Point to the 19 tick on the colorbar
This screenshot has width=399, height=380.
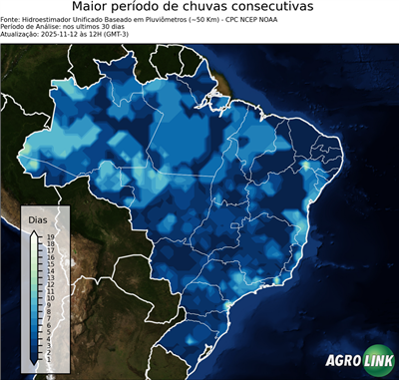[x=50, y=236]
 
